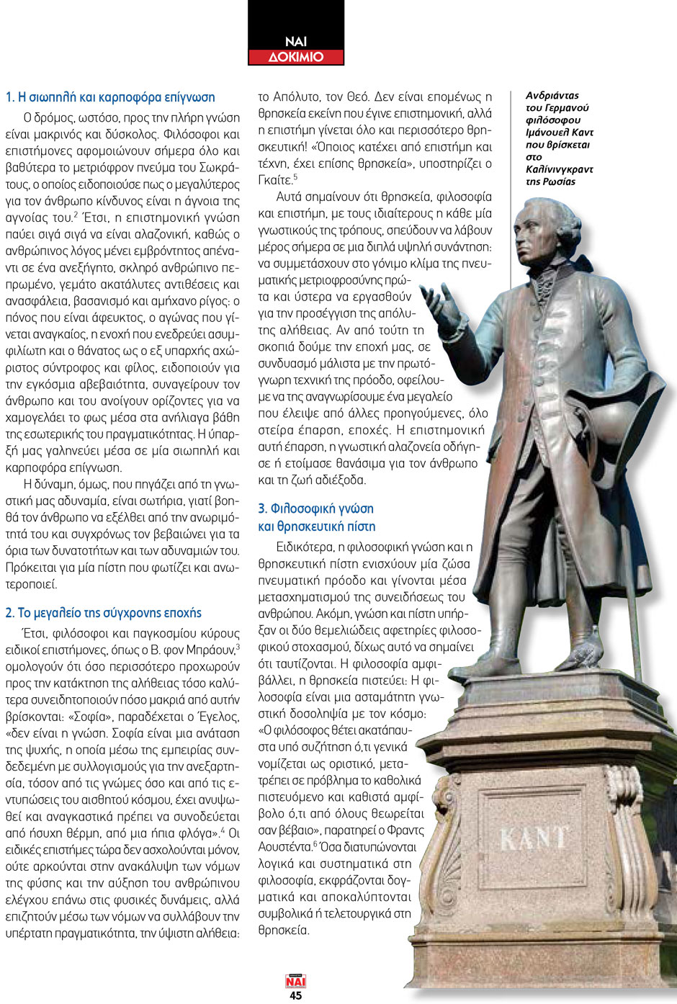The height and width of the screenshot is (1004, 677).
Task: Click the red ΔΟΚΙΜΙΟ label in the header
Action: point(296,57)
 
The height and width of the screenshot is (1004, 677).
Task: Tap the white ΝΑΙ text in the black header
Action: point(296,42)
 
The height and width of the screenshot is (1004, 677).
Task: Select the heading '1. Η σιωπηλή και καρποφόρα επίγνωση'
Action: point(110,97)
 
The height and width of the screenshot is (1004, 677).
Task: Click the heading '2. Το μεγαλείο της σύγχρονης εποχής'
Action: point(103,613)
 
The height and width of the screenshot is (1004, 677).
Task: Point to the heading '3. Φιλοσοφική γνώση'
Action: point(316,508)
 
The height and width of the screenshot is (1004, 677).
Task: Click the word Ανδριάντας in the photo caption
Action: point(552,95)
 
